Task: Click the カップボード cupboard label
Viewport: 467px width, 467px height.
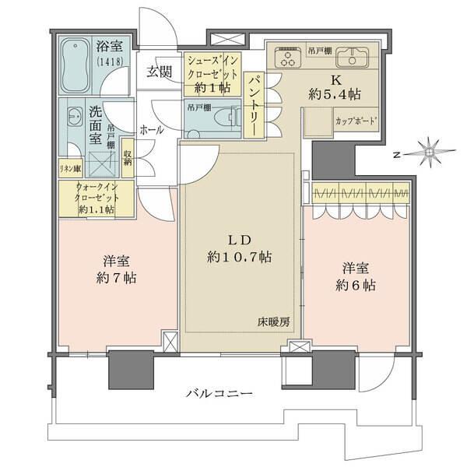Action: [355, 122]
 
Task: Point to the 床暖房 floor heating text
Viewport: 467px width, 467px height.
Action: [275, 320]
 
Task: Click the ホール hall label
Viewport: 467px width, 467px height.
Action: [151, 130]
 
